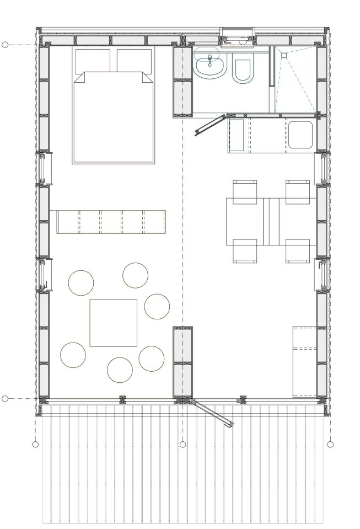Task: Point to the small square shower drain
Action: [x=284, y=55]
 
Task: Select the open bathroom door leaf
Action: [x=211, y=125]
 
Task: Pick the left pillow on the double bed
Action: [x=93, y=60]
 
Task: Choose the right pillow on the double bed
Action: [x=135, y=60]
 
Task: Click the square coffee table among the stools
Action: [x=114, y=323]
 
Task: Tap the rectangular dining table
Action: [x=271, y=221]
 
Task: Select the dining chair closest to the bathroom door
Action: [x=245, y=191]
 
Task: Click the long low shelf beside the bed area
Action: [x=111, y=222]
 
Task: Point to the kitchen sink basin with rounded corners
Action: [x=300, y=135]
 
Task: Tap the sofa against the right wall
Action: [x=304, y=361]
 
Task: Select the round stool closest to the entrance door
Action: [x=152, y=359]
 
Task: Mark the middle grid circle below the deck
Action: [x=183, y=444]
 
